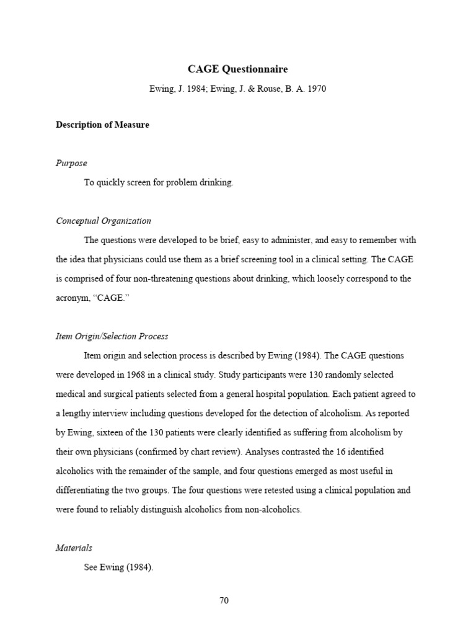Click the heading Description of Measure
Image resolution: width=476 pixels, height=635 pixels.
pos(102,125)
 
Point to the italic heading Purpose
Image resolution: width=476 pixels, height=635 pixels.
pos(71,163)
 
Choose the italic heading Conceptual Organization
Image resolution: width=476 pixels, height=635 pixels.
pos(104,221)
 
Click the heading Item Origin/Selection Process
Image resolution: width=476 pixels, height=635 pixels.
pos(112,336)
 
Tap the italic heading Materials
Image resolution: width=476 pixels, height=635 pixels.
pos(74,548)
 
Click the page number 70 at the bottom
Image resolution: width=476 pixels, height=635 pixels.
pos(224,601)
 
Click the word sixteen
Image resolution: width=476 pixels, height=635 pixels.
pos(103,432)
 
